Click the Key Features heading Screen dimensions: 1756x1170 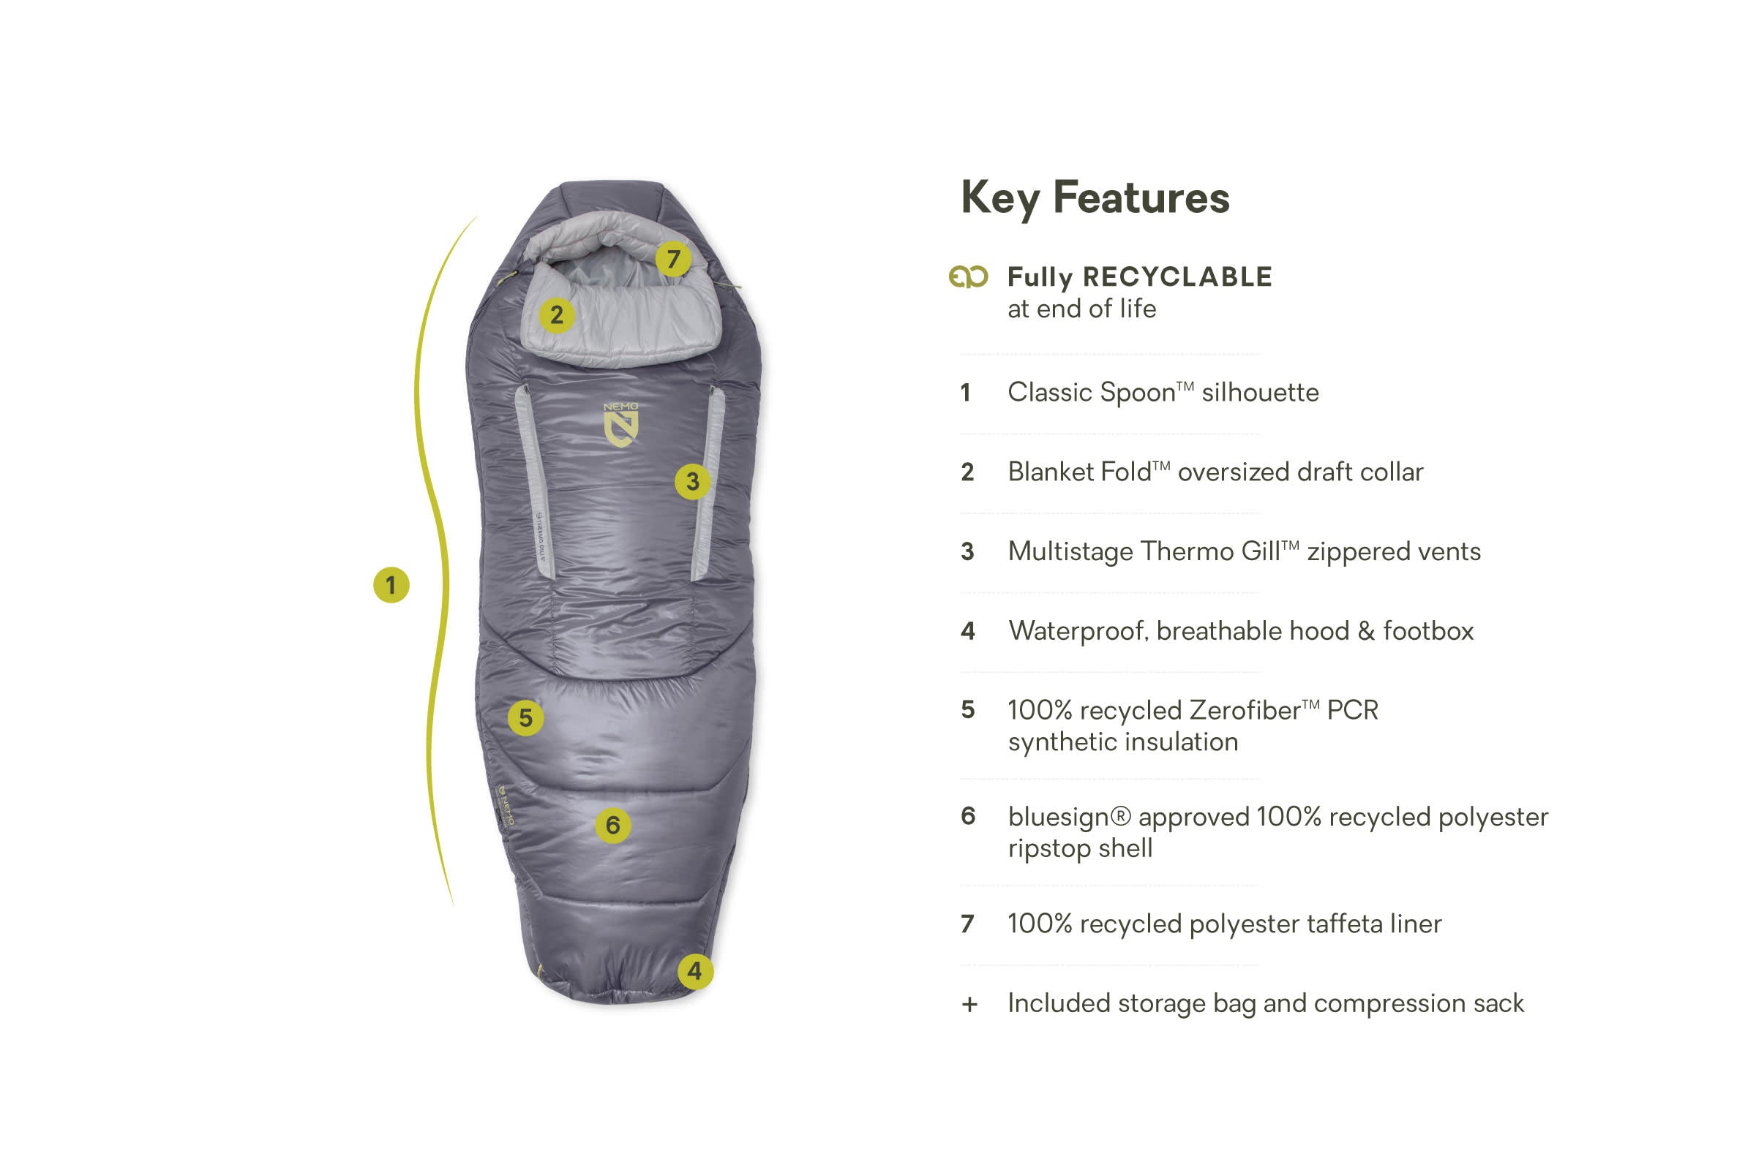(1095, 198)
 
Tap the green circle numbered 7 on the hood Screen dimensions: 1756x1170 (673, 259)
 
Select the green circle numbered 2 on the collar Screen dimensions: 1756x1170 (557, 315)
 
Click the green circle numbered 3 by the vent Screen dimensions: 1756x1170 (693, 481)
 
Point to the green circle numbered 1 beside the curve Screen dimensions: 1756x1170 (391, 585)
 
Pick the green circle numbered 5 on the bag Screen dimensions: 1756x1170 (525, 718)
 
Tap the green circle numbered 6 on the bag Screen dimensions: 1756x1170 (614, 826)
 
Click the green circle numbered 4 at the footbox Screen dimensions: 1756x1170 (695, 972)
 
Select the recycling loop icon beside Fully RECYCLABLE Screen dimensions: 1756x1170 (968, 277)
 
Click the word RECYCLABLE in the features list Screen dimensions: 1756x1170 (1177, 277)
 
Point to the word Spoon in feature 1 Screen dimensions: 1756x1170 (1137, 393)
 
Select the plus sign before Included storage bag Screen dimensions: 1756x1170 (969, 1004)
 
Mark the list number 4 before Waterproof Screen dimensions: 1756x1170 (967, 631)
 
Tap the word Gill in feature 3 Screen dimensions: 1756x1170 (1259, 551)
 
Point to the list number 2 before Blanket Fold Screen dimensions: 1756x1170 (967, 472)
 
